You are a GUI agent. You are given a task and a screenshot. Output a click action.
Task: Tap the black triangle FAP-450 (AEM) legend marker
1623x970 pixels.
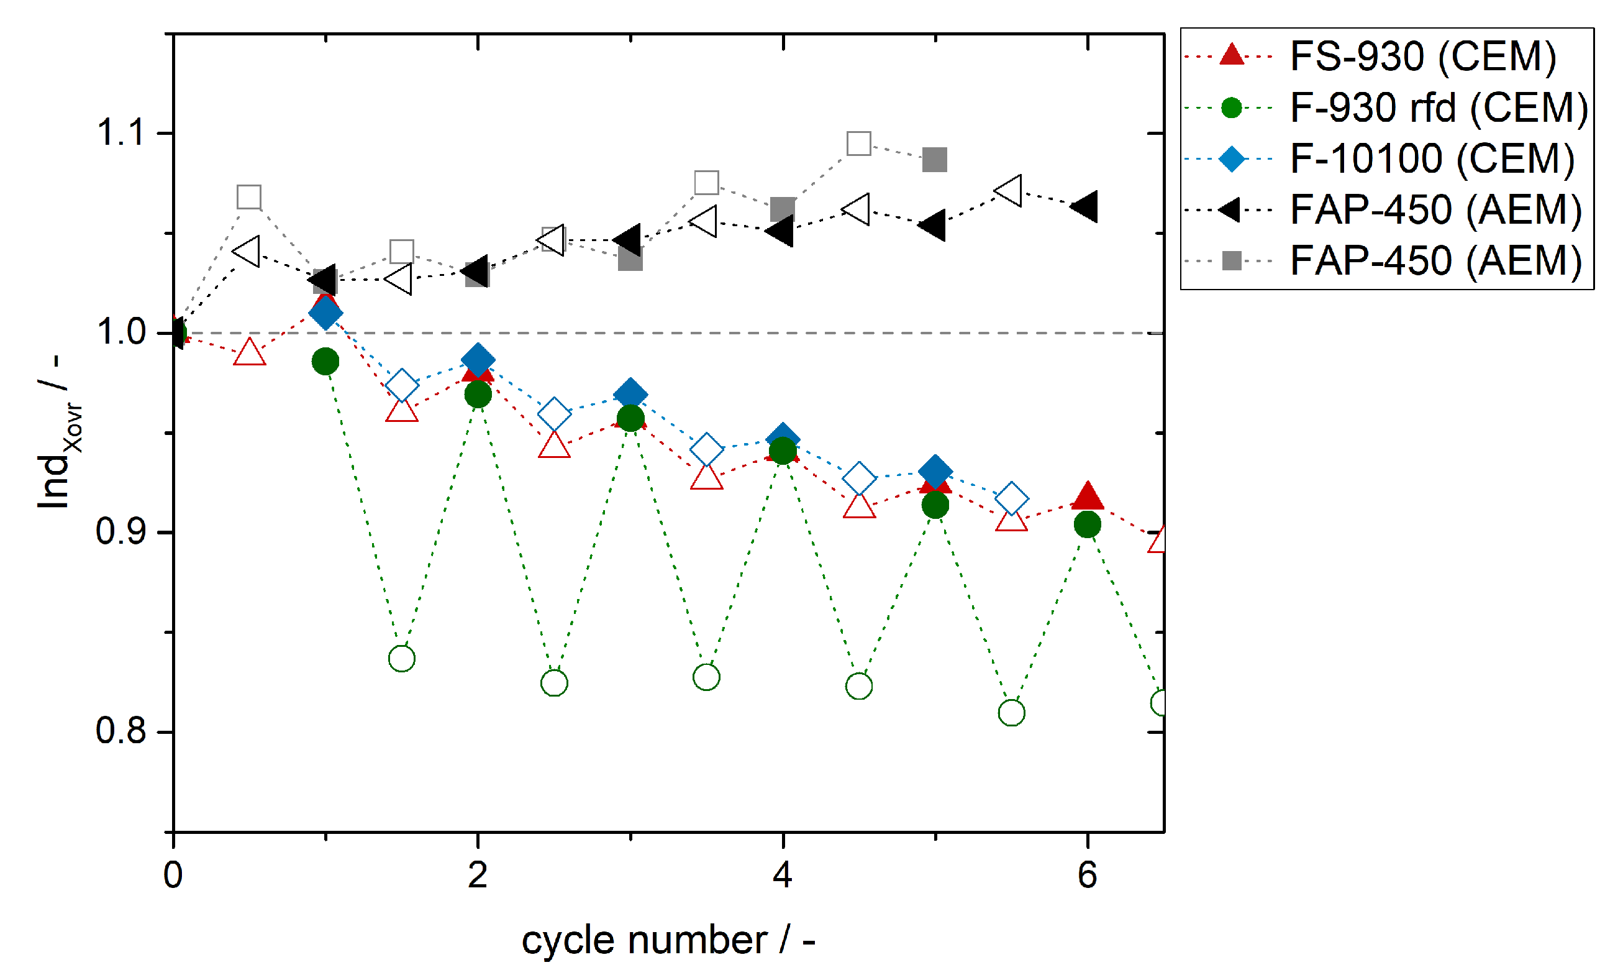(x=1230, y=210)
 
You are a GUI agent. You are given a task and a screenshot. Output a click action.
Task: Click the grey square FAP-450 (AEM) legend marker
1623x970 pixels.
(x=1231, y=261)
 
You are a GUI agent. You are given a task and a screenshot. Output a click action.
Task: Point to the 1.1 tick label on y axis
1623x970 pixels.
(x=120, y=133)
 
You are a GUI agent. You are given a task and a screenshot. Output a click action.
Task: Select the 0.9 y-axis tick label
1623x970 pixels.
(x=120, y=531)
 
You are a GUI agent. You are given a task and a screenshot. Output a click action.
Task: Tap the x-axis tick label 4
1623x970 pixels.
(x=782, y=875)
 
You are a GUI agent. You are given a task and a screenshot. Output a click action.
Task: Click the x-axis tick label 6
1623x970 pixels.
(x=1087, y=875)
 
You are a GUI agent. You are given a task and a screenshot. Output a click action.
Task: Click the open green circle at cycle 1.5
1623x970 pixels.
(x=401, y=658)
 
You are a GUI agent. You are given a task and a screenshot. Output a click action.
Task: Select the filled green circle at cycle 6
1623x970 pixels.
(x=1087, y=524)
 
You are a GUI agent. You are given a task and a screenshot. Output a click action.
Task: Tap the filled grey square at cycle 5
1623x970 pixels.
(x=934, y=160)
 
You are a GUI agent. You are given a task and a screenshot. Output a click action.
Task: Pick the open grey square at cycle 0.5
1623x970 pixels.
(x=249, y=197)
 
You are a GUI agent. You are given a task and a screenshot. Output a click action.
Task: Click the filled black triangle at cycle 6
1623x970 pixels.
(x=1086, y=207)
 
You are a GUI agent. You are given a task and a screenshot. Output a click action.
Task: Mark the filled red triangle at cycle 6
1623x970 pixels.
(x=1087, y=497)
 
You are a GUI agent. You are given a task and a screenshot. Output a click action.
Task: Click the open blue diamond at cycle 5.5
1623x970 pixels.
(x=1011, y=500)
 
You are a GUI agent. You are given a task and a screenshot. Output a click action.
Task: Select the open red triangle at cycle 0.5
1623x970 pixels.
(x=249, y=354)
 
